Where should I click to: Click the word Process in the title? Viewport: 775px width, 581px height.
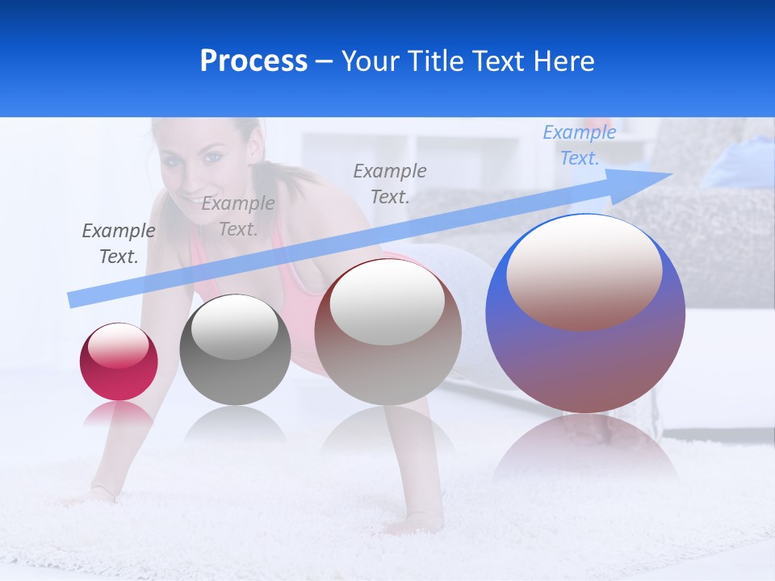tap(253, 61)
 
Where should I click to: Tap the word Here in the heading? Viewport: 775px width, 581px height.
tap(562, 61)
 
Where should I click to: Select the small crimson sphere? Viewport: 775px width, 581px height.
tap(119, 362)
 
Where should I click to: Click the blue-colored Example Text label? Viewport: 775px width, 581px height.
tap(579, 145)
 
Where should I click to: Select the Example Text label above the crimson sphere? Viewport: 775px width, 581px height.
tap(118, 243)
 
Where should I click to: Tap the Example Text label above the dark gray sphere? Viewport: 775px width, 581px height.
tap(237, 216)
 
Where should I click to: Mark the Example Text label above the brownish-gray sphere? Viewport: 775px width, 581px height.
tap(389, 183)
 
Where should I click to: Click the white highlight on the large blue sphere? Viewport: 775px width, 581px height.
tap(584, 270)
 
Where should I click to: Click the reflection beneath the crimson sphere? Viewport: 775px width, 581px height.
tap(119, 414)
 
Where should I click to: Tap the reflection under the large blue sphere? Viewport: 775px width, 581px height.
tap(585, 448)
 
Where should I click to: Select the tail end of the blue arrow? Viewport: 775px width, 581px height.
tap(74, 299)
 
